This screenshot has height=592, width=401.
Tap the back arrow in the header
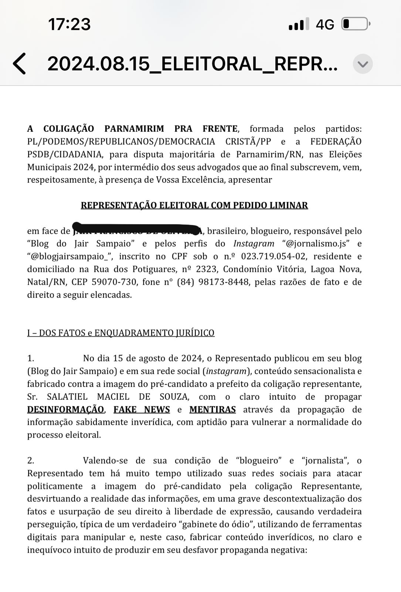[x=20, y=64]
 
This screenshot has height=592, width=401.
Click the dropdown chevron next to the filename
[x=363, y=64]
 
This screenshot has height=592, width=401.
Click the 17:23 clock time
[x=69, y=24]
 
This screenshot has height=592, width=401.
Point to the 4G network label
[x=325, y=24]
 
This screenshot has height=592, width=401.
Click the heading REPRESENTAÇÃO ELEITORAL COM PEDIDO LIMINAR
[x=194, y=205]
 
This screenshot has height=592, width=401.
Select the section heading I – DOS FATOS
[x=120, y=333]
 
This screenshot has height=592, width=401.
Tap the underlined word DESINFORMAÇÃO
[x=65, y=410]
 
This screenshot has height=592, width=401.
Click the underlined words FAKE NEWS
[x=142, y=410]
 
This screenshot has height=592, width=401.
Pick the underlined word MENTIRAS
[x=213, y=410]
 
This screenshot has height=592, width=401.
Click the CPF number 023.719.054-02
[x=273, y=256]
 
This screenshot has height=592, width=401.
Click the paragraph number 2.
[x=31, y=461]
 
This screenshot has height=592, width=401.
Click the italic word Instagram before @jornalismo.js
[x=254, y=243]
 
